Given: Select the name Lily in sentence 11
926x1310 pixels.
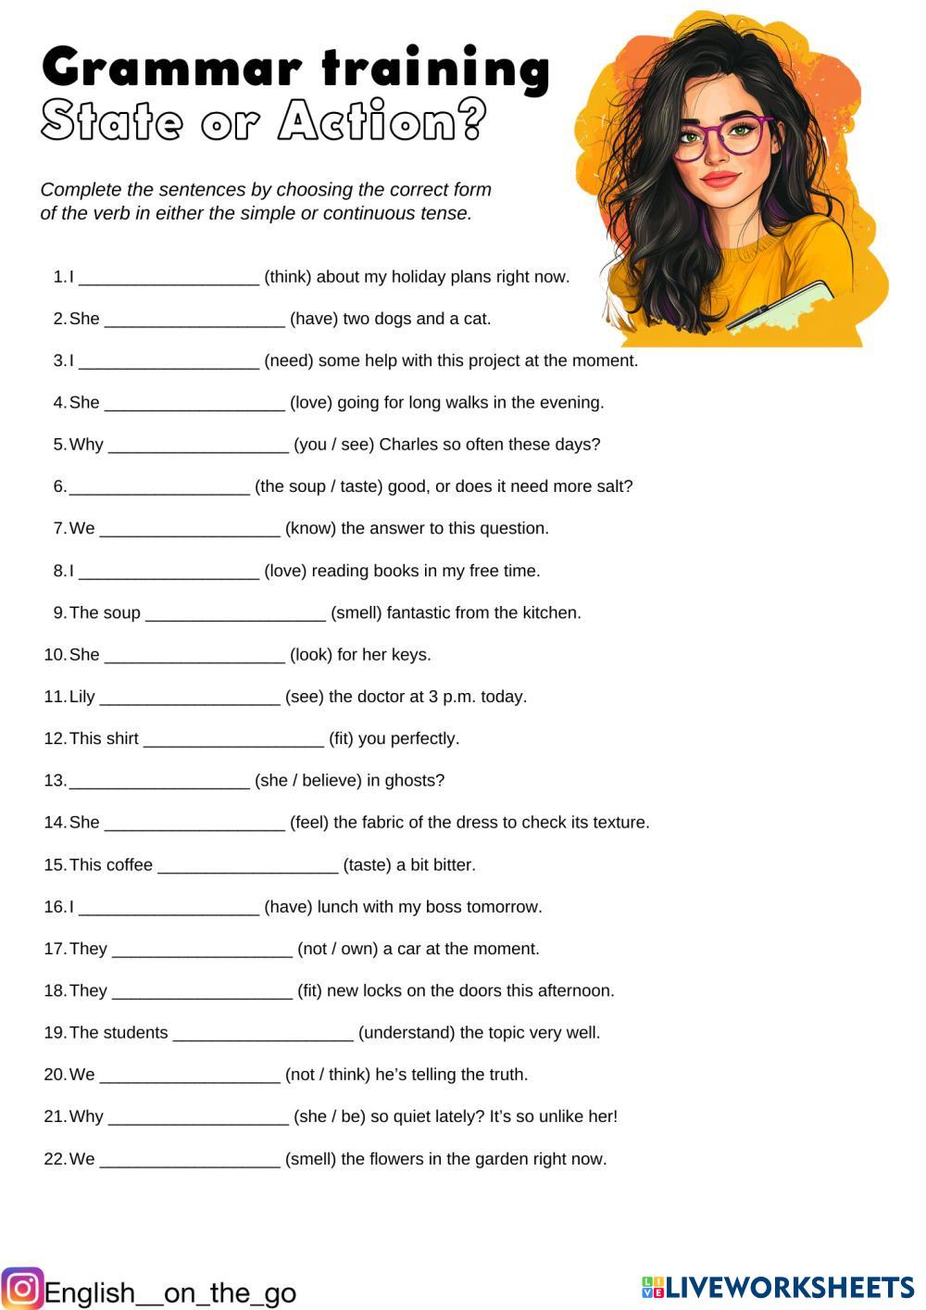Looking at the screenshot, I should pyautogui.click(x=81, y=697).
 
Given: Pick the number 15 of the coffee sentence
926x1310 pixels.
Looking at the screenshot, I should pyautogui.click(x=54, y=865).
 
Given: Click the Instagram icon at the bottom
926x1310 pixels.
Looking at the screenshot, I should pyautogui.click(x=22, y=1289).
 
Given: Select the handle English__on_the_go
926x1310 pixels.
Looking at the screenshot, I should pyautogui.click(x=170, y=1293).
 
